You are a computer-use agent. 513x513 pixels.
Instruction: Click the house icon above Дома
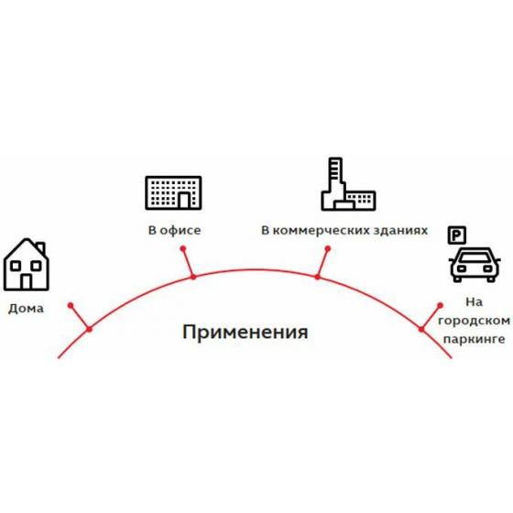coord(27,265)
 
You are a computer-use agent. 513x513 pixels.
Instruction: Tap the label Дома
coord(26,308)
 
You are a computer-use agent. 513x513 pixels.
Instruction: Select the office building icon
coord(173,192)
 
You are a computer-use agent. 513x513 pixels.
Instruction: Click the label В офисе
coord(174,230)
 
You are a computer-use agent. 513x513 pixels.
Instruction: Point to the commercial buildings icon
coord(348,184)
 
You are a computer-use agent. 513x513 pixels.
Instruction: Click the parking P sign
coord(457,235)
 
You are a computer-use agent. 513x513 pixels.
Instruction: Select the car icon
coord(475,265)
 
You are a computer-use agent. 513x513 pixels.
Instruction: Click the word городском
coord(474,321)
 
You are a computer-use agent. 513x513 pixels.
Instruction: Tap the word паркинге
coord(474,339)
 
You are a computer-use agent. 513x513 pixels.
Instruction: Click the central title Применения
coord(246,333)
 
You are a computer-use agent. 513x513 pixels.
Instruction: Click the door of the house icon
coord(27,282)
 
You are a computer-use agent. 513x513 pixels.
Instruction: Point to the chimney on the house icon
coord(41,248)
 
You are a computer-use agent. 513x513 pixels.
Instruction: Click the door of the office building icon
coord(184,201)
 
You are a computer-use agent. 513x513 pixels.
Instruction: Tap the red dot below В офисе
coord(183,249)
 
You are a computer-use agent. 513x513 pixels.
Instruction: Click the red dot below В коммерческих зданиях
coord(328,249)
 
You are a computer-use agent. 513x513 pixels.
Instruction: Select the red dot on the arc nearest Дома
coord(89,329)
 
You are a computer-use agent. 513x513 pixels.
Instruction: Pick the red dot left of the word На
coord(440,306)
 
